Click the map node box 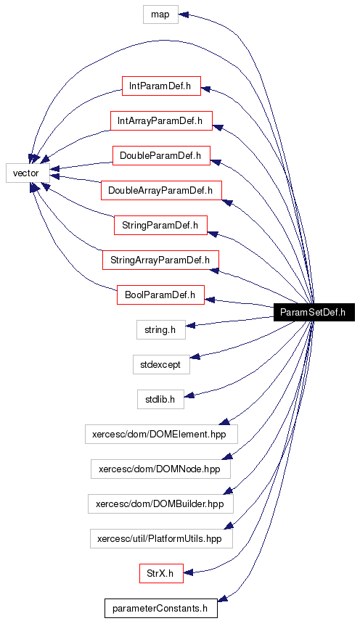[160, 15]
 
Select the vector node [28, 173]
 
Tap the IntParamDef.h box [160, 86]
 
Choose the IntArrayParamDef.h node [160, 120]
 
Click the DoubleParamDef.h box [160, 155]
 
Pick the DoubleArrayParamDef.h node [160, 191]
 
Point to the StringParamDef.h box [160, 225]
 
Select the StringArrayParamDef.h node [160, 260]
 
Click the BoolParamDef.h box [160, 295]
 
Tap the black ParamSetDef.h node [313, 312]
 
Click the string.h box [160, 330]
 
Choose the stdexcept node [160, 365]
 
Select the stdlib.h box [160, 399]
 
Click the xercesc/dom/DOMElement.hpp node [160, 434]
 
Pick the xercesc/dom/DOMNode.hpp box [160, 469]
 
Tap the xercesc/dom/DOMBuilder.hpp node [160, 503]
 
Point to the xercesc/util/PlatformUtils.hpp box [160, 538]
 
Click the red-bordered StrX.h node [160, 573]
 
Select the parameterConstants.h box [160, 608]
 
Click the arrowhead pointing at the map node [184, 15]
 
